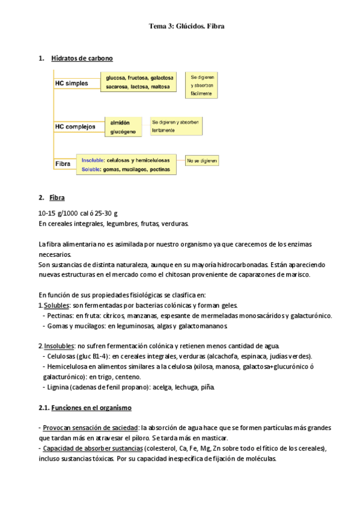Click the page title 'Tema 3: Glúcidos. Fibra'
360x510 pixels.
[x=186, y=26]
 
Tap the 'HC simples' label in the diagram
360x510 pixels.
[x=72, y=83]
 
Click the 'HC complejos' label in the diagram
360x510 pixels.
[x=75, y=126]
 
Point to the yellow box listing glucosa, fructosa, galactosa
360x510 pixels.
[x=139, y=82]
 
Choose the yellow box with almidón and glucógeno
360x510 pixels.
[x=123, y=126]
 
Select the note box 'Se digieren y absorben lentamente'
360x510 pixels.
[x=175, y=125]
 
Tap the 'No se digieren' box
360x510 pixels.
[x=202, y=161]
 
